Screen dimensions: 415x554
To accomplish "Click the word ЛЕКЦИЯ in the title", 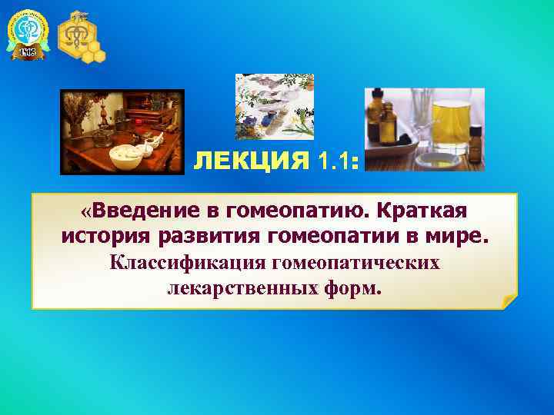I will (251, 162).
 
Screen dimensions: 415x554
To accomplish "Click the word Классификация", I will (182, 263).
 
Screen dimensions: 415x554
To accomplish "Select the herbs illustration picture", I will (275, 106).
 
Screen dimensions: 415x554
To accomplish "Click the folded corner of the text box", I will (509, 301).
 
